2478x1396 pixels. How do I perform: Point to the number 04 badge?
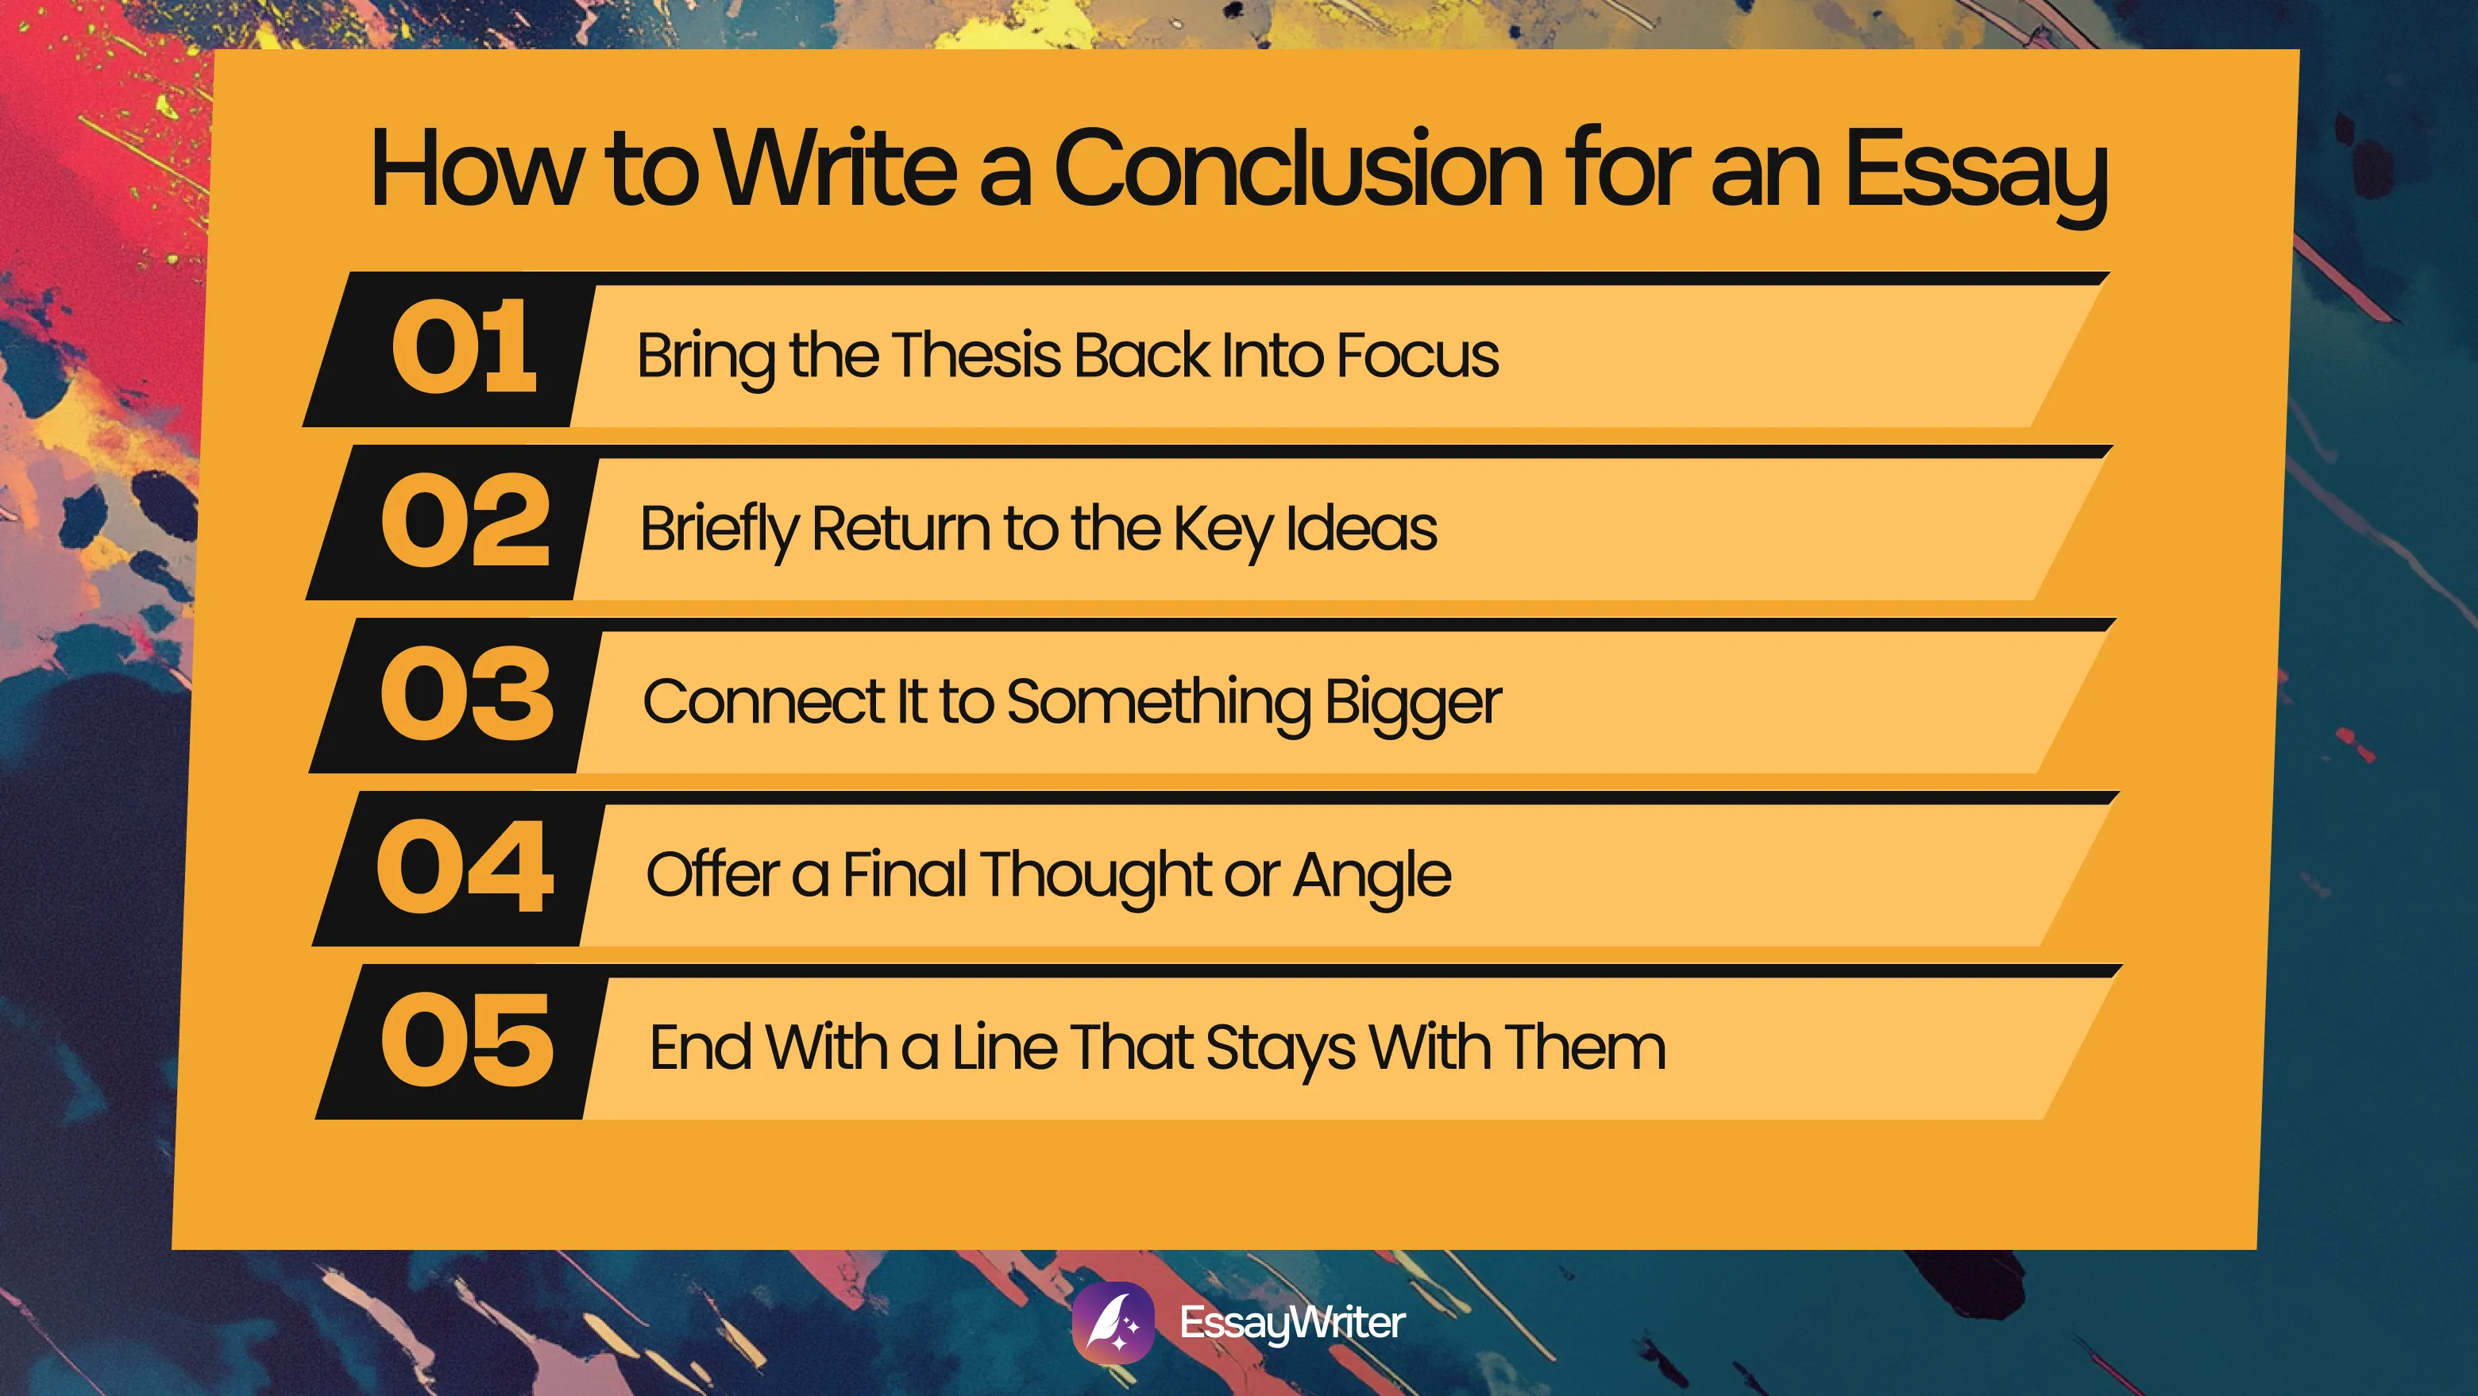tap(465, 867)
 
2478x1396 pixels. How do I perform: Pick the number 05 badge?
tap(468, 1040)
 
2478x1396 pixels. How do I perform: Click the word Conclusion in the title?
tap(1298, 169)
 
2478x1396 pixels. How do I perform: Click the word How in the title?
tap(477, 169)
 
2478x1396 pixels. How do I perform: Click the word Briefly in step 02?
tap(720, 529)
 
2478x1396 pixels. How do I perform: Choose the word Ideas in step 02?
tap(1361, 528)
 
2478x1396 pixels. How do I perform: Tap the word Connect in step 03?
tap(762, 701)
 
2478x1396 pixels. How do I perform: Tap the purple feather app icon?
tap(1113, 1323)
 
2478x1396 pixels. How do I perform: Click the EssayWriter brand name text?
tap(1292, 1323)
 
